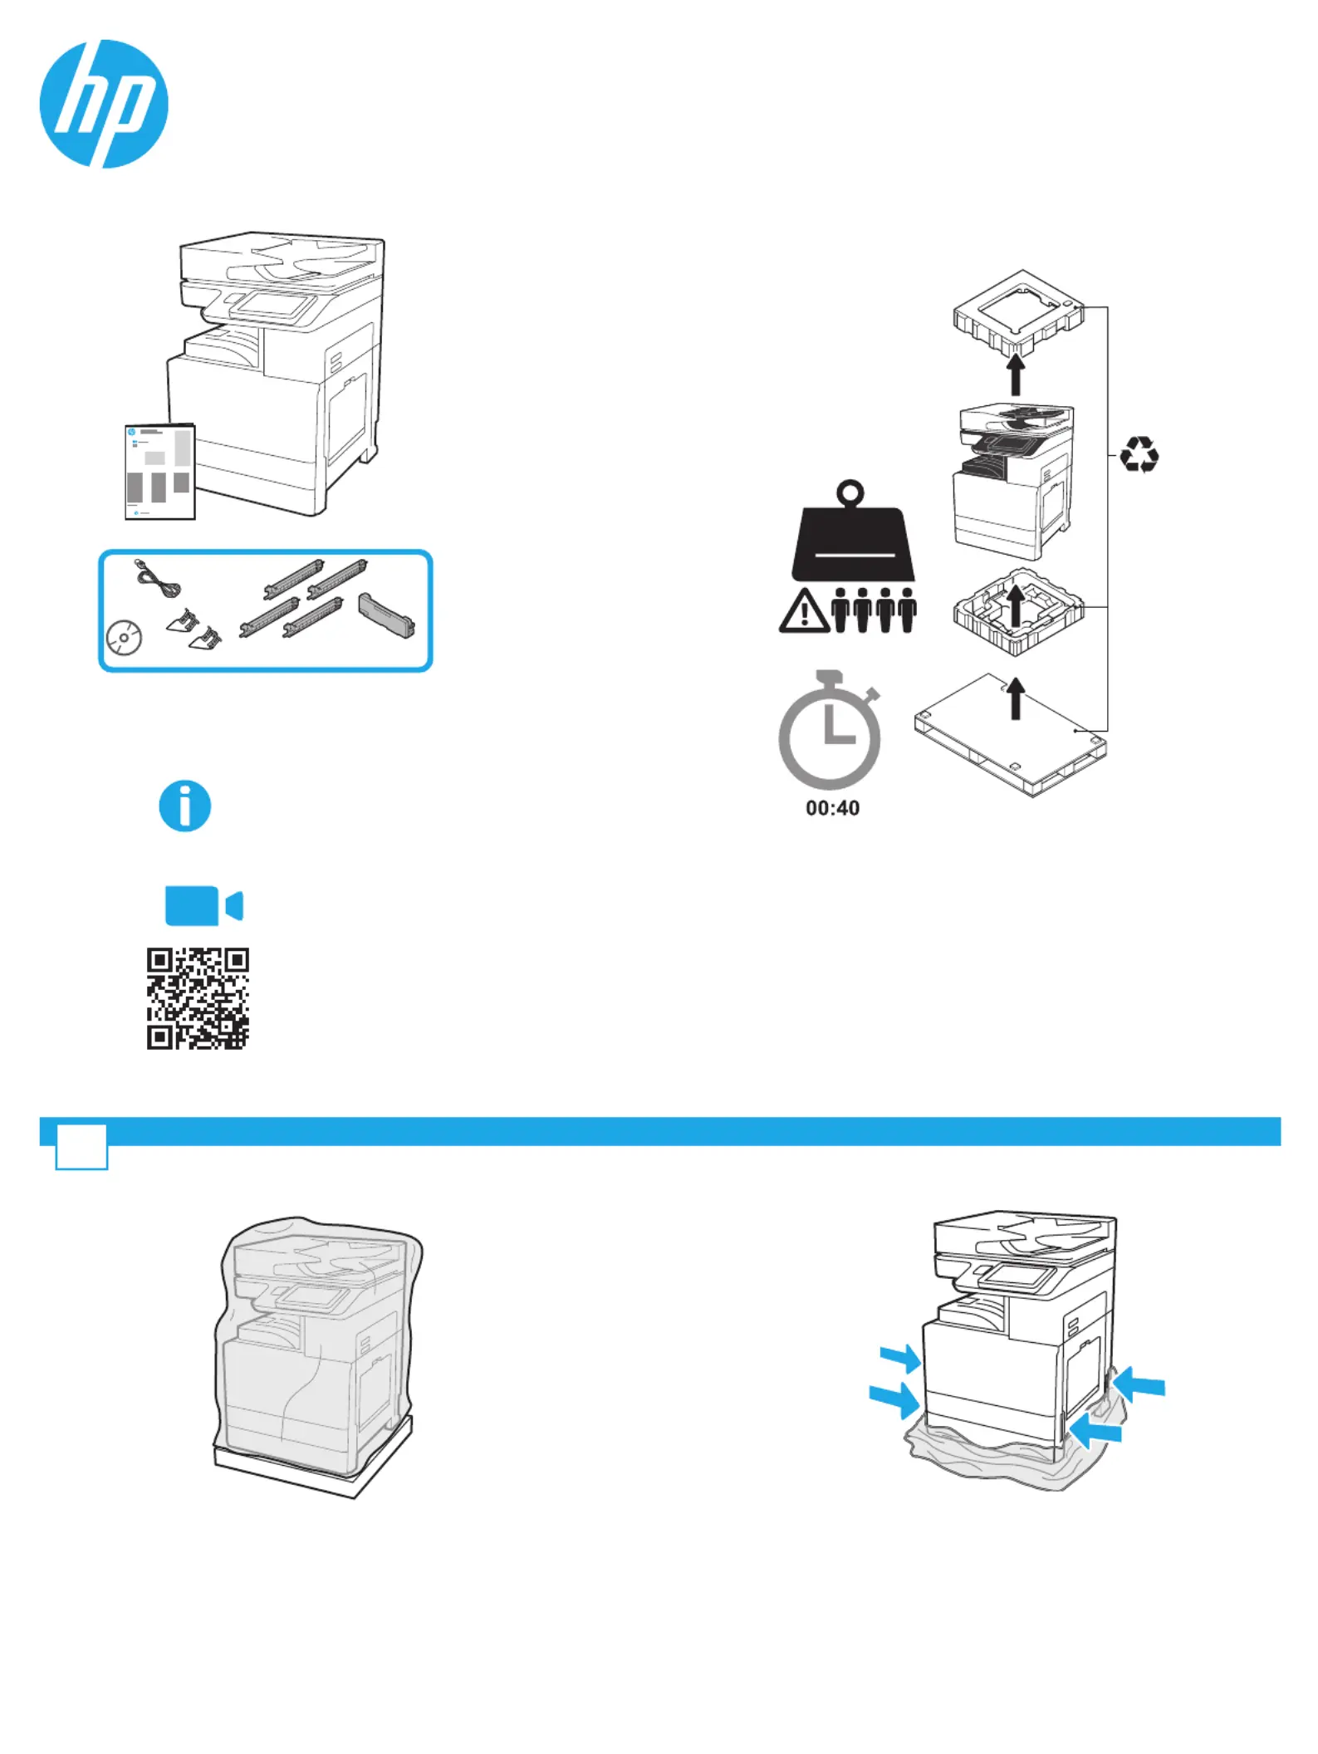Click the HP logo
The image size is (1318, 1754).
[x=104, y=104]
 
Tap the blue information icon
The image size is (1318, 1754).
[x=185, y=806]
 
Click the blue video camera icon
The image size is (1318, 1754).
[x=203, y=905]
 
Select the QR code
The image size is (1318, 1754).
[x=198, y=998]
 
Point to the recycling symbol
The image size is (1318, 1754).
[x=1139, y=455]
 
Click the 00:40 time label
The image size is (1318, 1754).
[x=832, y=808]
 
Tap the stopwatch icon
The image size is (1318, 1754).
[x=830, y=730]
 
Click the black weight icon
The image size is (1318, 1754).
[x=852, y=532]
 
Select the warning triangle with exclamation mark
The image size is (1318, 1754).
[x=803, y=612]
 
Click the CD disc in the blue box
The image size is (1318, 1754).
[x=124, y=639]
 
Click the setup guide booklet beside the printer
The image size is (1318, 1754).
[x=160, y=472]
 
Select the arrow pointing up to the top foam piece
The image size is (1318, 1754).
[x=1015, y=375]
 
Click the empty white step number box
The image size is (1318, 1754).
[x=81, y=1147]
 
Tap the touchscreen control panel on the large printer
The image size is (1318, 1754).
[x=273, y=305]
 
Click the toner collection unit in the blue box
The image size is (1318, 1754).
[x=386, y=615]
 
